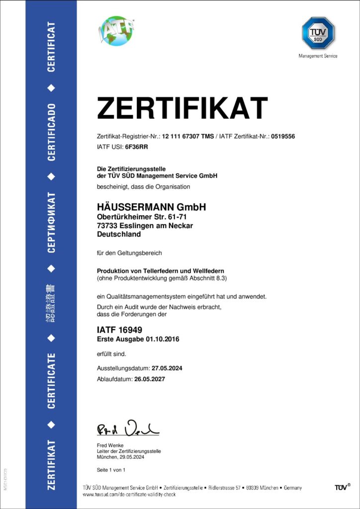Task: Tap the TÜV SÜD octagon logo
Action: coord(318,33)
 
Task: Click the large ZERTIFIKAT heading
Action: coord(182,108)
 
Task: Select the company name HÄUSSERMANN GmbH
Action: coord(151,207)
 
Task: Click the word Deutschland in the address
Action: coord(119,234)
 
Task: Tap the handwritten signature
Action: coord(127,428)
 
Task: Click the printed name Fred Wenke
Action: coord(109,444)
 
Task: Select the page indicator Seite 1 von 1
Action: coord(111,470)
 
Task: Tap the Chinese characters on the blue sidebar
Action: coord(51,304)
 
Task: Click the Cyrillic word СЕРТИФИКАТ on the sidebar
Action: coord(51,222)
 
